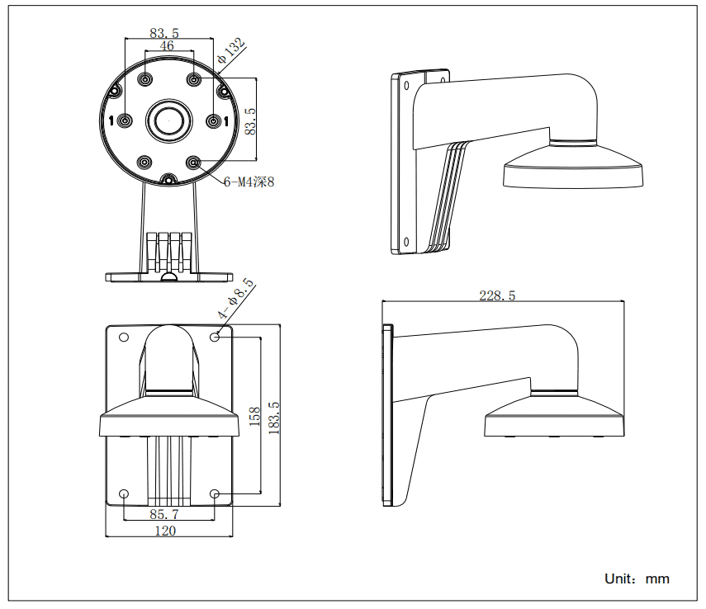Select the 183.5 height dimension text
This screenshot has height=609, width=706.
click(275, 418)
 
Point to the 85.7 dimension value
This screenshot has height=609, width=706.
click(165, 513)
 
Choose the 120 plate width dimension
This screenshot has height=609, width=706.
click(166, 531)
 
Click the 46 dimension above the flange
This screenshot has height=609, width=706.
click(167, 46)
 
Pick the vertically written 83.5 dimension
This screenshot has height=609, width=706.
click(251, 121)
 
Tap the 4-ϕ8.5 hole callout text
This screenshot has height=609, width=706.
click(235, 299)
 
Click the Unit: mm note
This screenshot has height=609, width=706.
click(637, 578)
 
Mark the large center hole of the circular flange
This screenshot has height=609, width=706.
click(168, 121)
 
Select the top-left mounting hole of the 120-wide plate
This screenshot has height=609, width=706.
click(124, 337)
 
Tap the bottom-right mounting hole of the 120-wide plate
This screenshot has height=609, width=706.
click(216, 494)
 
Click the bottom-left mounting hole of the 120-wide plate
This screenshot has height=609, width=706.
click(124, 494)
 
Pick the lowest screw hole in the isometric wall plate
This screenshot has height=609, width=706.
click(407, 242)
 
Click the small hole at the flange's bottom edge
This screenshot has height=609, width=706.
click(168, 179)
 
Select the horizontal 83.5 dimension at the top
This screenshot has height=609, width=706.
click(165, 33)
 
